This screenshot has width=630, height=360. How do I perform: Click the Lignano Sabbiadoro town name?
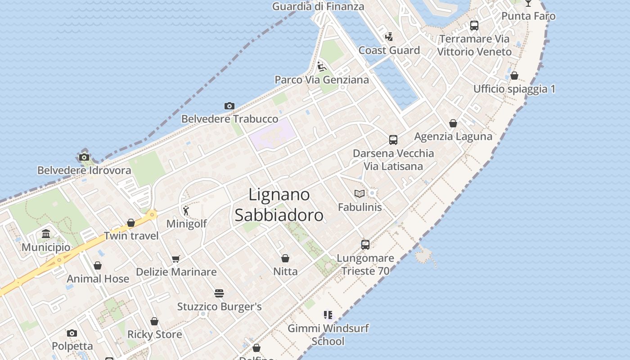279,205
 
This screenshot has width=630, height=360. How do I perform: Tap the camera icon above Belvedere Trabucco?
229,106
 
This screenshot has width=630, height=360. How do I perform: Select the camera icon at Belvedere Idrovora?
84,157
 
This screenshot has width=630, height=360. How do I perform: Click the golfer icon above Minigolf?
186,210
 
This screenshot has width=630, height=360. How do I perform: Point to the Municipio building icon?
46,234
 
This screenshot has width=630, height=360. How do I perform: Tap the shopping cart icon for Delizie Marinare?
176,259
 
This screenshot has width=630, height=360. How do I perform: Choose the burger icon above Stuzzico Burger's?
219,293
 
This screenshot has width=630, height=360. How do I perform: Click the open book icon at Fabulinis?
359,193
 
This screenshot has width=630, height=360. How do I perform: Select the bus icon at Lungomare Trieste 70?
365,245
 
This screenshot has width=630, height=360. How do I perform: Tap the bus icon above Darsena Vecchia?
393,139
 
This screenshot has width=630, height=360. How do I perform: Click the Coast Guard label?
389,50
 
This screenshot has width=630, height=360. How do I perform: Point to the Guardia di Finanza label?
318,6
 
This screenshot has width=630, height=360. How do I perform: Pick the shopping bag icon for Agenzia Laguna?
453,123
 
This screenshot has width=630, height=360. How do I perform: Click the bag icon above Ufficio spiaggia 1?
514,76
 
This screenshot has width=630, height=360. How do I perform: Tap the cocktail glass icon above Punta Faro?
528,3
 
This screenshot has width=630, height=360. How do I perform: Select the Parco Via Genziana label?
322,80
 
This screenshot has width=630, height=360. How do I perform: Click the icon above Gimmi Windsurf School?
328,315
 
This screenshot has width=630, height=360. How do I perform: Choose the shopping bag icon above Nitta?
285,258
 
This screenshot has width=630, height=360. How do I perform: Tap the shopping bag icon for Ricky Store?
154,321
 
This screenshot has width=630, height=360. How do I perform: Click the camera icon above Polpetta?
72,333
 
